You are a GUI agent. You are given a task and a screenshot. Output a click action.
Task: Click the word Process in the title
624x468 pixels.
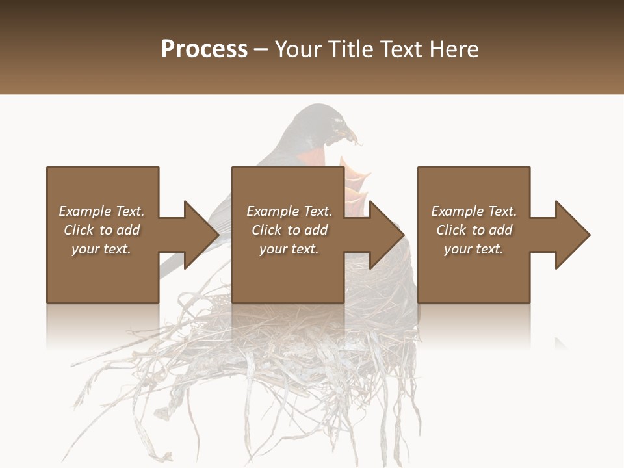point(204,49)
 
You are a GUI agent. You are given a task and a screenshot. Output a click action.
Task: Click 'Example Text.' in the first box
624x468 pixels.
point(101,211)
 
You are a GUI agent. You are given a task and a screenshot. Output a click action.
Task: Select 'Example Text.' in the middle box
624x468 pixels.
point(289,211)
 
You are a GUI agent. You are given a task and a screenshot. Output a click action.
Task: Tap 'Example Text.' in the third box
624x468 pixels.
point(474,211)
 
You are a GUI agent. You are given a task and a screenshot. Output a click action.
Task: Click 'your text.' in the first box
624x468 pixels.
point(101,249)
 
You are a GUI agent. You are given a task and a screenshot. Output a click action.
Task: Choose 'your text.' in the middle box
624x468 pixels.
point(289,249)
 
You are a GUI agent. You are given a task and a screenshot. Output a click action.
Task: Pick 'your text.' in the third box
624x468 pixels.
point(474,249)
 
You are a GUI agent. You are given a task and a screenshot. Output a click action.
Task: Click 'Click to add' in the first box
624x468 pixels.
point(101,230)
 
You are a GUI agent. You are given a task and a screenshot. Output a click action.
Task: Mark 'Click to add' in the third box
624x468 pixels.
point(474,230)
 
